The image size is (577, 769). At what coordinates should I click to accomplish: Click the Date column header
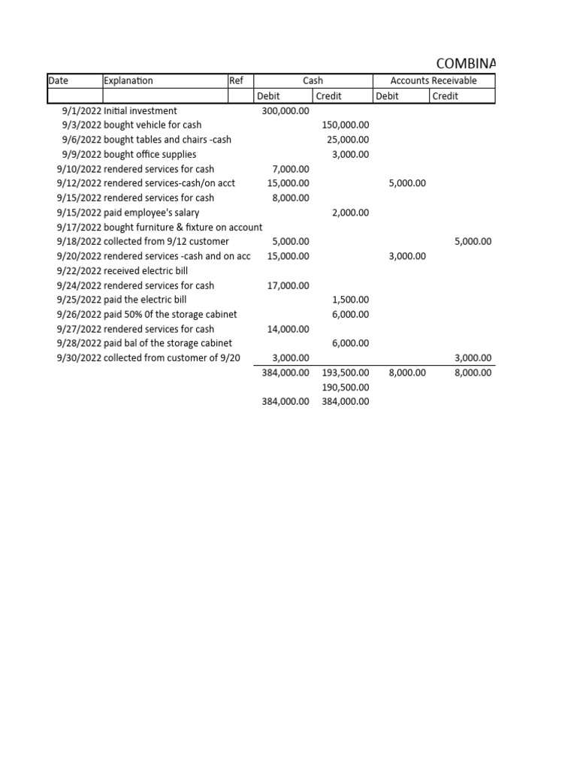pos(58,81)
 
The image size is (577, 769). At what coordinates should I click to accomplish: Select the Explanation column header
pos(128,81)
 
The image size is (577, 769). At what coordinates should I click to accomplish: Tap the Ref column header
pos(236,81)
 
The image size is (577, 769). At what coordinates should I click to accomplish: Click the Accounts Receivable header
pos(434,81)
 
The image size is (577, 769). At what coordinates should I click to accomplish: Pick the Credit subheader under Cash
pos(329,96)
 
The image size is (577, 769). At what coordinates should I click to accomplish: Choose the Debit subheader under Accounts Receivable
pos(388,96)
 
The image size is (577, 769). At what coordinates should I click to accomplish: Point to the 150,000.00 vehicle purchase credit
pos(345,125)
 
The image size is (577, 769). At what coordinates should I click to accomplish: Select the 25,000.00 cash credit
pos(348,140)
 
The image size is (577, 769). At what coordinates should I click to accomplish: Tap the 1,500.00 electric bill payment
pos(350,300)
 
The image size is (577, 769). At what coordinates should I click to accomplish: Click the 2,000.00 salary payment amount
pos(350,213)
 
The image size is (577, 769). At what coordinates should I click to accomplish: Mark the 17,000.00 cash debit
pos(288,285)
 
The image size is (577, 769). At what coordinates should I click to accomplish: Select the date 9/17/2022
pos(79,228)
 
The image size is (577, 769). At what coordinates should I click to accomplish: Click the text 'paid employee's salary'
pos(151,213)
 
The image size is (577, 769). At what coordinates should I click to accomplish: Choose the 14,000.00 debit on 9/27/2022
pos(288,329)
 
